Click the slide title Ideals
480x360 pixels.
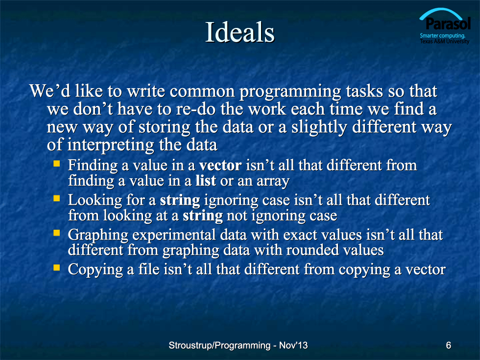tap(240, 32)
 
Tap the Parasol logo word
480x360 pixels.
tap(448, 24)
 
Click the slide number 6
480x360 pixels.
tap(449, 345)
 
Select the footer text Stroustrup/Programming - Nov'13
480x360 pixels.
tap(238, 345)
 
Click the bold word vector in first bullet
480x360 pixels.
tap(220, 166)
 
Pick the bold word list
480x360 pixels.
tap(206, 180)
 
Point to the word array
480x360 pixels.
tap(273, 182)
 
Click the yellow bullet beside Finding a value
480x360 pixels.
tap(57, 163)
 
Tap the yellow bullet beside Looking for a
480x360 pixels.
tap(57, 198)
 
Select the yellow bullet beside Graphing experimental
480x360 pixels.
tap(57, 233)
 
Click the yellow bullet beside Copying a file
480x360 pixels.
tap(57, 267)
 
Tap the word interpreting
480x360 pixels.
tap(111, 145)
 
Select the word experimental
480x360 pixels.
tap(174, 236)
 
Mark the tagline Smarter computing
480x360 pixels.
tap(442, 35)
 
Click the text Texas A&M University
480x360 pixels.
tap(445, 41)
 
